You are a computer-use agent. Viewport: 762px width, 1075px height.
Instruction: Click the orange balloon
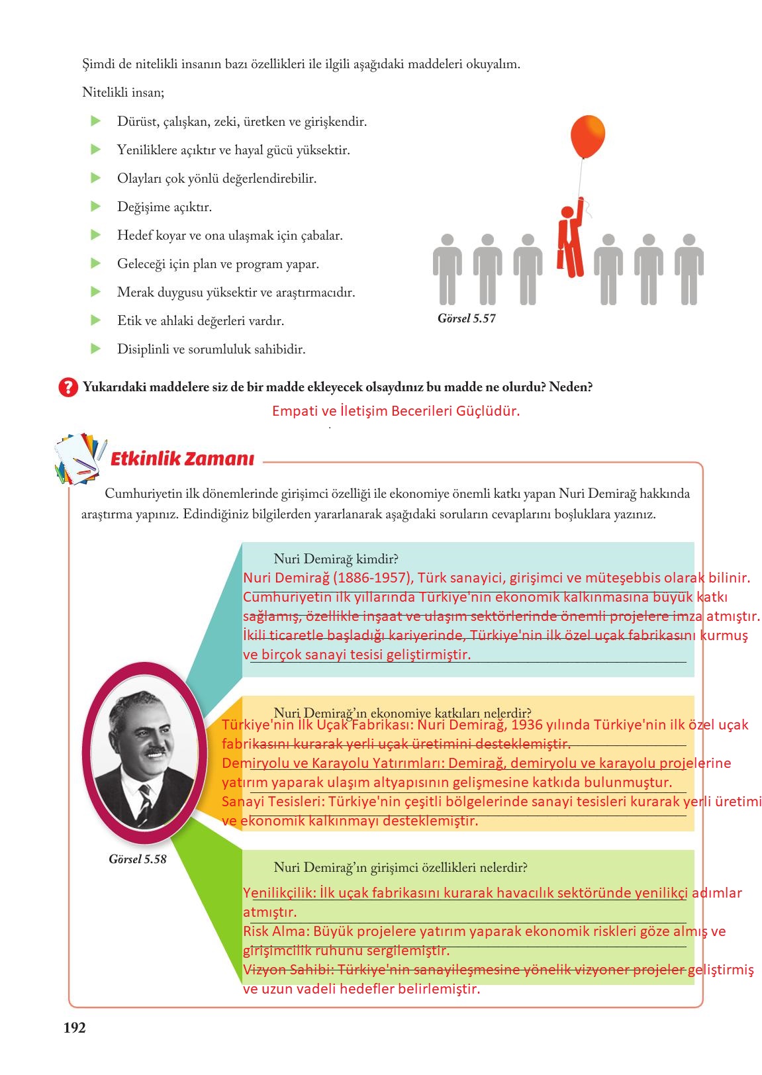(x=587, y=136)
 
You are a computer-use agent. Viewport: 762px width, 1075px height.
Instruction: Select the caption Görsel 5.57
(x=466, y=318)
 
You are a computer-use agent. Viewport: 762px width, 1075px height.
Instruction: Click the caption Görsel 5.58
(x=137, y=859)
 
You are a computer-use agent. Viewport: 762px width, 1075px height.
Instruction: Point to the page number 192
(x=74, y=1027)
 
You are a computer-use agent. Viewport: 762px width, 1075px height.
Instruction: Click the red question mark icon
(x=68, y=387)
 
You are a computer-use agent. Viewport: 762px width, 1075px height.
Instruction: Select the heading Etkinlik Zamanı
(x=182, y=459)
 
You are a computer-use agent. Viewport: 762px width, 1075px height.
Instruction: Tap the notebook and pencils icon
(x=79, y=458)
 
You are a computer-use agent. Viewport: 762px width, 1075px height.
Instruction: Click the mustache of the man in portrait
(x=155, y=751)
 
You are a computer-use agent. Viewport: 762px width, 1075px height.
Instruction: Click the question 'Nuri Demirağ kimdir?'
(x=336, y=559)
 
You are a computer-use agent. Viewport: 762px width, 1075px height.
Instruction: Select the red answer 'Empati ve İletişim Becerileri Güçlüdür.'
(x=396, y=411)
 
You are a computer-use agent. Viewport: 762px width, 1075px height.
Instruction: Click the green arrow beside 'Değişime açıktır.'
(x=96, y=207)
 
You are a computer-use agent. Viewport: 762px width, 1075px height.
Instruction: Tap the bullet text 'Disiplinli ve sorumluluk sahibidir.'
(x=211, y=350)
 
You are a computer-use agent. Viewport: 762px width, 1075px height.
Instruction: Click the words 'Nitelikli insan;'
(x=123, y=93)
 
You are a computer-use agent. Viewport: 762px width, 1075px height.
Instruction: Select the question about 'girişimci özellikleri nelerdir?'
(x=400, y=867)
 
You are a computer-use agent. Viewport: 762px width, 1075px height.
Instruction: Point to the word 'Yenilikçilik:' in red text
(x=279, y=893)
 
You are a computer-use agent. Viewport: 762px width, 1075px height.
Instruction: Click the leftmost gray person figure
(x=447, y=269)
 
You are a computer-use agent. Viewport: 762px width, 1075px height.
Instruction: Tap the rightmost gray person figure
(x=689, y=269)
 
